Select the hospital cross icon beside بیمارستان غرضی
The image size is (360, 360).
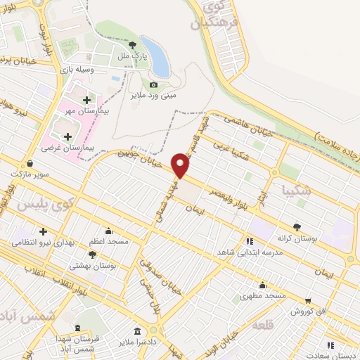67,136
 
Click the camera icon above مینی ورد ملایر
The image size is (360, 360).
154,84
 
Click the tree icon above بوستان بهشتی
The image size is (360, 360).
92,254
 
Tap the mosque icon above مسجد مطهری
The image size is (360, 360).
262,285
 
